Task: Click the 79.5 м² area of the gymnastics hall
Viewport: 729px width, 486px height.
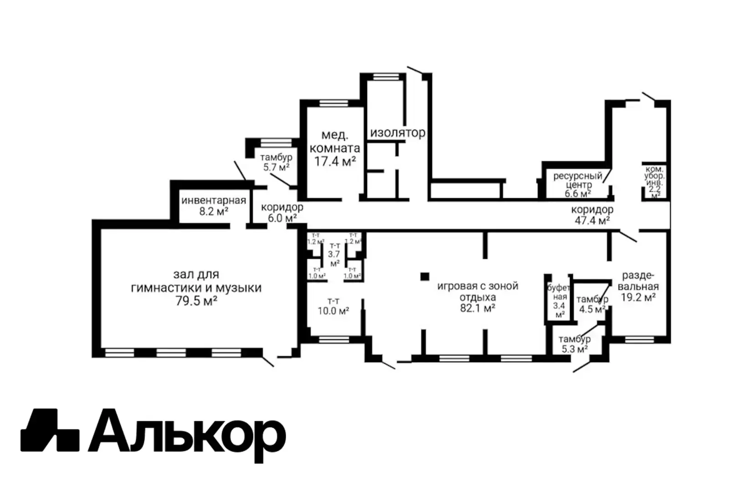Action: pos(196,301)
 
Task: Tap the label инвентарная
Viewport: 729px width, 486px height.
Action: pos(213,200)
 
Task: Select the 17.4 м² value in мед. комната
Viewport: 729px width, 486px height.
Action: pos(335,161)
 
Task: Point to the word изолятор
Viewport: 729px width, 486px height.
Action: pos(397,133)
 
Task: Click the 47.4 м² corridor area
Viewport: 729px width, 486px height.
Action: pos(592,220)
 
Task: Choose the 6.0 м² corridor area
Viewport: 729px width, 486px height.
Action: pos(282,218)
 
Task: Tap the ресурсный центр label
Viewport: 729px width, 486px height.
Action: pos(578,180)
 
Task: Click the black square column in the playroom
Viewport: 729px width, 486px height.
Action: pos(425,276)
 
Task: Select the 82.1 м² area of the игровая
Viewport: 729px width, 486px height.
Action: pos(477,308)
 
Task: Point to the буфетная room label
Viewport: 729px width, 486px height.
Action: pos(559,292)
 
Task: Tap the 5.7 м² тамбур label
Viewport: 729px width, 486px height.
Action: pos(276,167)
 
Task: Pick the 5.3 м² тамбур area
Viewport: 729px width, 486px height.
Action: pos(574,349)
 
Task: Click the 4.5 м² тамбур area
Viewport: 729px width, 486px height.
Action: pos(592,309)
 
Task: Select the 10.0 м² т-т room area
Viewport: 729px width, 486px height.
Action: pos(334,311)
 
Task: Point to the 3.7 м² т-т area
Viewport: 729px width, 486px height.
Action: pos(334,255)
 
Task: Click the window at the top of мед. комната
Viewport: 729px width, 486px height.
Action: pos(334,102)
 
